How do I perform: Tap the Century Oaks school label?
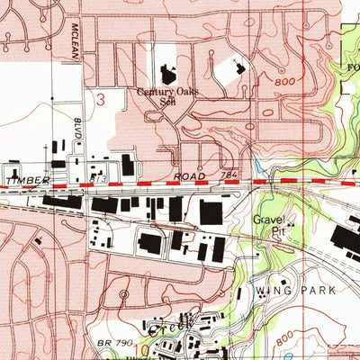(166, 95)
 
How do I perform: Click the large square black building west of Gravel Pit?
(211, 213)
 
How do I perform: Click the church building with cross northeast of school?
(238, 67)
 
